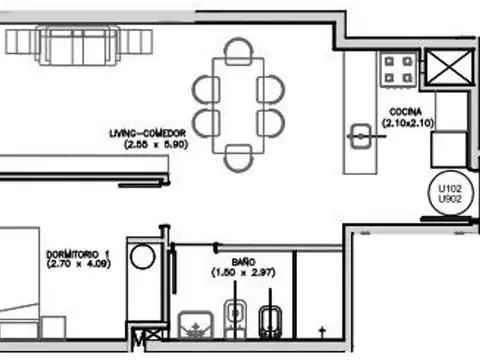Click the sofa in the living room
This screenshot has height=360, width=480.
[x=79, y=43]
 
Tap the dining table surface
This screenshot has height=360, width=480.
[x=238, y=104]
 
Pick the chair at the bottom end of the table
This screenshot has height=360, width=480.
[x=238, y=157]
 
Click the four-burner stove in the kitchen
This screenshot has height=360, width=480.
[x=398, y=69]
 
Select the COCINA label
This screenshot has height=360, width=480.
[x=405, y=111]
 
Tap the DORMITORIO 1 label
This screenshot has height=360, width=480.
[x=79, y=254]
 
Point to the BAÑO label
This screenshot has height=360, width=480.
[x=227, y=258]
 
